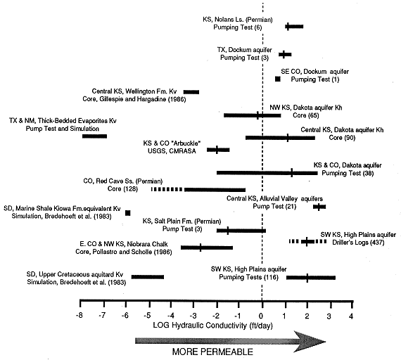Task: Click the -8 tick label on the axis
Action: click(79, 316)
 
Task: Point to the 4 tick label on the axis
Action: click(351, 316)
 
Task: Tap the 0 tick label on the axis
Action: click(261, 316)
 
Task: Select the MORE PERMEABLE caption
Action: click(212, 352)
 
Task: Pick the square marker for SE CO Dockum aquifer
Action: click(278, 79)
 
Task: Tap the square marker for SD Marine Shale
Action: click(128, 213)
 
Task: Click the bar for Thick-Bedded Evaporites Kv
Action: click(95, 136)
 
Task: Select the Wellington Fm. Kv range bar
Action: click(191, 92)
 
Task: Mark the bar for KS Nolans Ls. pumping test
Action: click(294, 26)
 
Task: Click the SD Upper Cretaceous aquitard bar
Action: click(148, 277)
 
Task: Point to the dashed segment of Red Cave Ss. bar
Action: click(167, 189)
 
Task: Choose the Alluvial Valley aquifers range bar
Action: click(319, 207)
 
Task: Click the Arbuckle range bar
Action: click(218, 150)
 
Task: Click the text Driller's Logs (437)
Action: click(358, 242)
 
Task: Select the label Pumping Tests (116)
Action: click(248, 277)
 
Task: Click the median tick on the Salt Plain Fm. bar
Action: click(228, 231)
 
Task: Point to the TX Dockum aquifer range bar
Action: click(285, 54)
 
